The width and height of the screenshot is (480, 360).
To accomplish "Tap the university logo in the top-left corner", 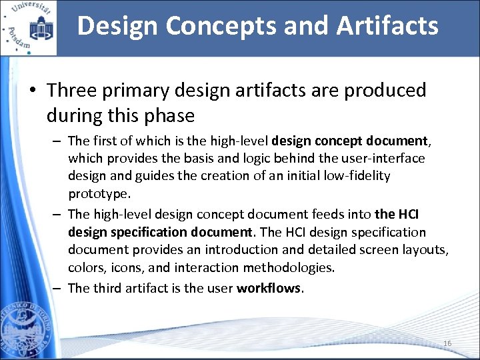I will [x=29, y=27].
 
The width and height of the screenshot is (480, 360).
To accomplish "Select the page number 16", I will [x=447, y=343].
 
